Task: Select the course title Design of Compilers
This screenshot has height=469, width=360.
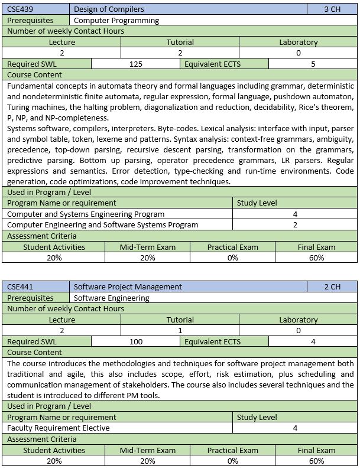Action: coord(109,9)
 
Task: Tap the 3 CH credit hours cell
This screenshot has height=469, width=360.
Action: coord(332,9)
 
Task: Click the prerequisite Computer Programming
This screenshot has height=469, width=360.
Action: coord(116,20)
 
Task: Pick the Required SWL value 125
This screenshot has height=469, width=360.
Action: coord(135,64)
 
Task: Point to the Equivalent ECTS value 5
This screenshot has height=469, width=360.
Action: coord(313,64)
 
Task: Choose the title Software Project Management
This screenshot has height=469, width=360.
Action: coord(128,286)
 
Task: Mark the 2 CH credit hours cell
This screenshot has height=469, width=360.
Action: coord(332,286)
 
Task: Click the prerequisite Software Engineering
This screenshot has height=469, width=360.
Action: coord(112,298)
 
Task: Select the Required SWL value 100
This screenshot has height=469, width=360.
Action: coord(135,341)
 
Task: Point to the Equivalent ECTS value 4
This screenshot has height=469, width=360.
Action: coord(313,341)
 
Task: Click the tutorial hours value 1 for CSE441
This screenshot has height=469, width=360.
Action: coord(180,330)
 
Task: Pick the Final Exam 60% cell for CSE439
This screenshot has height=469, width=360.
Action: coord(316,258)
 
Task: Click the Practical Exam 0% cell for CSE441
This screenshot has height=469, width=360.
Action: coord(232,461)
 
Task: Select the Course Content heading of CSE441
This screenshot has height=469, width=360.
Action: coord(35,352)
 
